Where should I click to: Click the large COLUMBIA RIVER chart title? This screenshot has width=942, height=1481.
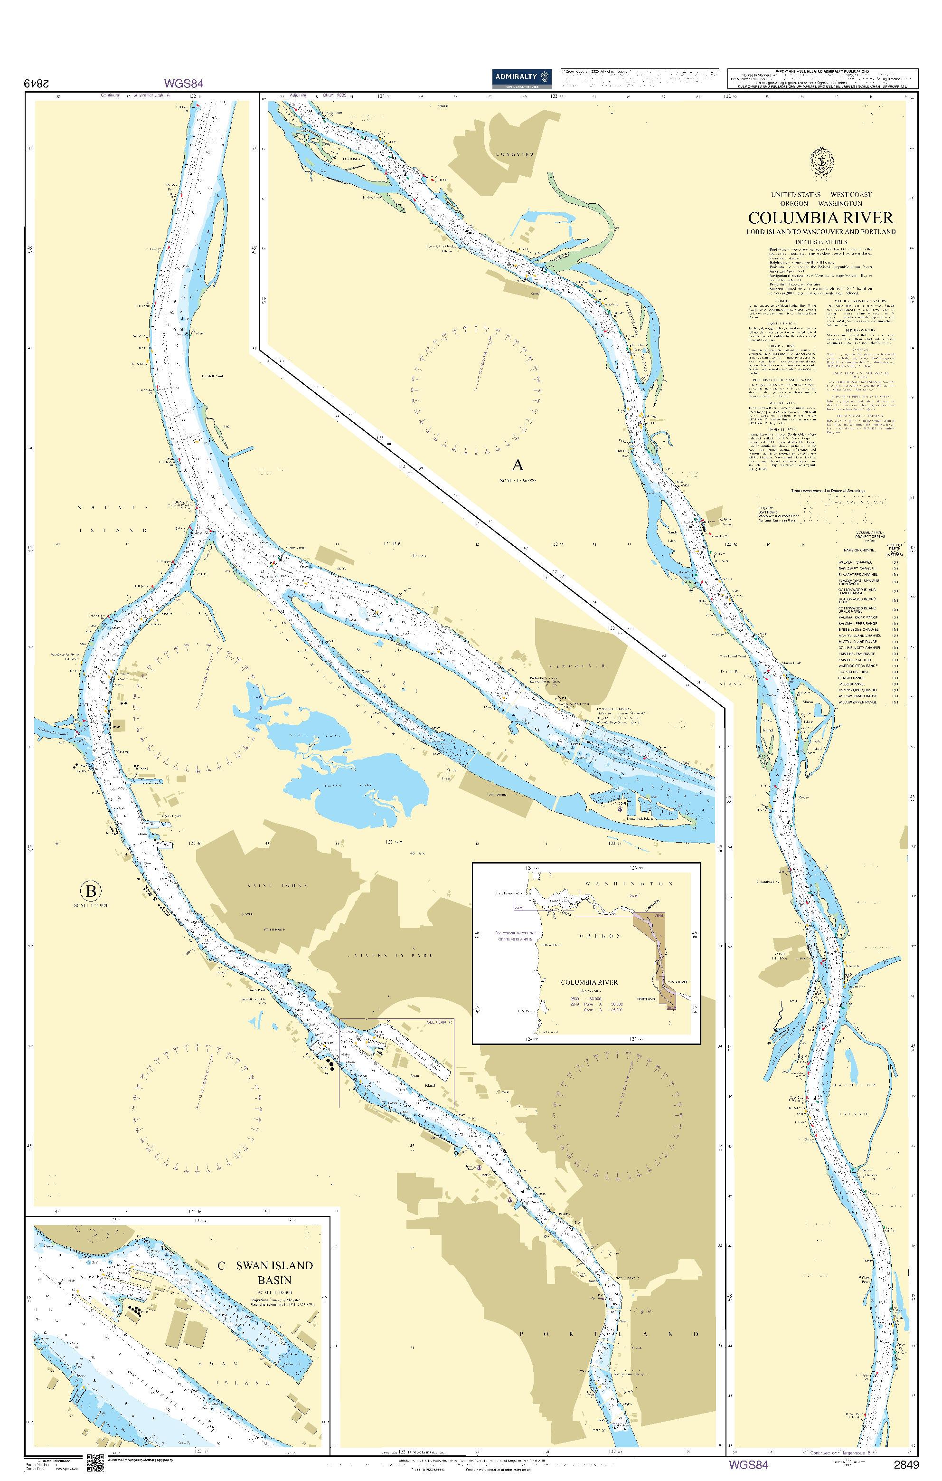(x=820, y=218)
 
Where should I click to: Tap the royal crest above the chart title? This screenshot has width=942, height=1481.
(x=821, y=163)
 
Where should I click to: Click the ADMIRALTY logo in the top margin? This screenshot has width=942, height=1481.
(x=521, y=77)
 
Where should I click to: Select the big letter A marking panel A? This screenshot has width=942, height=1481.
(x=518, y=465)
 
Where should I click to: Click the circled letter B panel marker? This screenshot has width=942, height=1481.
(x=90, y=891)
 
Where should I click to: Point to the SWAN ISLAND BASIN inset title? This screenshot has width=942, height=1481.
(x=274, y=1272)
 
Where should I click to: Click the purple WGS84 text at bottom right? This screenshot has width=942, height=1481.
(x=748, y=1464)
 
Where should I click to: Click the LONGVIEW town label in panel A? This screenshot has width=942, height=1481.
(x=515, y=154)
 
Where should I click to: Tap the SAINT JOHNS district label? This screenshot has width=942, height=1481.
(x=277, y=886)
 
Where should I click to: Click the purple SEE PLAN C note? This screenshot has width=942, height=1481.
(x=439, y=1022)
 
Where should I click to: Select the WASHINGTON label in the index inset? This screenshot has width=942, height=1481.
(x=629, y=884)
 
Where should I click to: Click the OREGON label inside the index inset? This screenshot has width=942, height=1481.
(x=600, y=936)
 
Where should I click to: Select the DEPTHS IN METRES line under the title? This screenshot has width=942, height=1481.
(x=821, y=242)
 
